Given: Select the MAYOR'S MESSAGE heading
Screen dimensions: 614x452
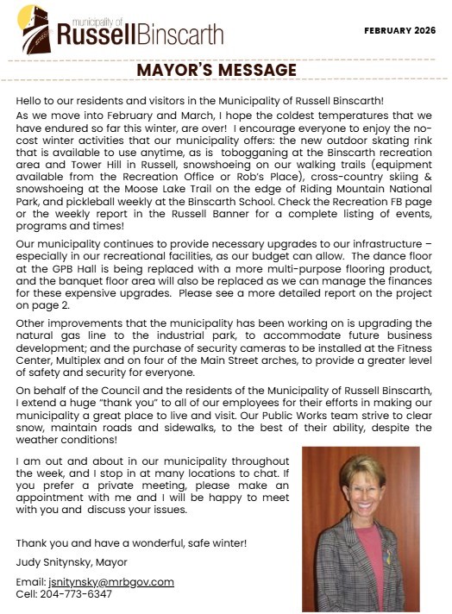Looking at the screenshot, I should click(225, 69).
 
